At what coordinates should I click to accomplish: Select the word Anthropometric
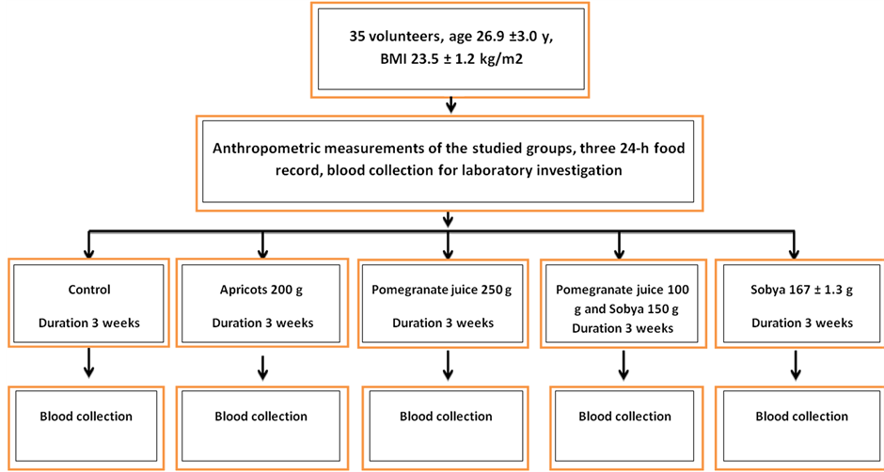click(x=260, y=150)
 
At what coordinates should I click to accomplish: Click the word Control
click(x=88, y=291)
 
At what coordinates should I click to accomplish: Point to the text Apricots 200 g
click(x=261, y=291)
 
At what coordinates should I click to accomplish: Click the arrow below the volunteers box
click(x=450, y=104)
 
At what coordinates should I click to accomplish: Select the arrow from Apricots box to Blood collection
click(x=262, y=368)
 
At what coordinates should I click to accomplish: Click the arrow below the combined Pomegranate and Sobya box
click(x=623, y=366)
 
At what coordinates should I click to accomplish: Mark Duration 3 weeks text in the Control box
click(x=88, y=323)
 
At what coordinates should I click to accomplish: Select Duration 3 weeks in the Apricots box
click(x=262, y=323)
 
